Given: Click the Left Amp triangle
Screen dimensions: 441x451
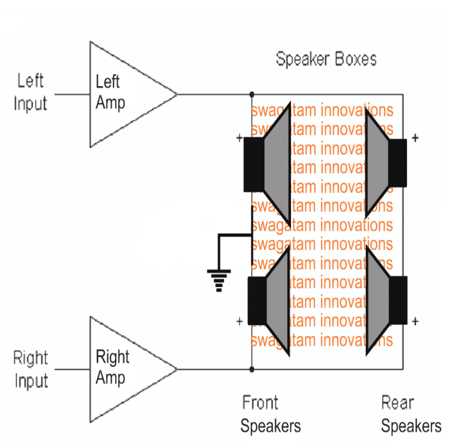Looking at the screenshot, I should (122, 94).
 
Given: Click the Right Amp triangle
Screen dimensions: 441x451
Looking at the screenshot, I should (122, 369).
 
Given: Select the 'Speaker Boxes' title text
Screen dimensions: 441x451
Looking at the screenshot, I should (326, 59).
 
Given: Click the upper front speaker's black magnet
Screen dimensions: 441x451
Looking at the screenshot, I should (253, 164).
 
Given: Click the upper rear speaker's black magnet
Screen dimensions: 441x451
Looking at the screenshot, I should (397, 162).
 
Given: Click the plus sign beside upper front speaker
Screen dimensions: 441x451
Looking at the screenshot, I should (239, 138).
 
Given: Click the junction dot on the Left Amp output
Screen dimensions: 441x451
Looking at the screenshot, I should (252, 94).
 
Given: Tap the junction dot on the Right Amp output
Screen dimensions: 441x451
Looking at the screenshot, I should (252, 369).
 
